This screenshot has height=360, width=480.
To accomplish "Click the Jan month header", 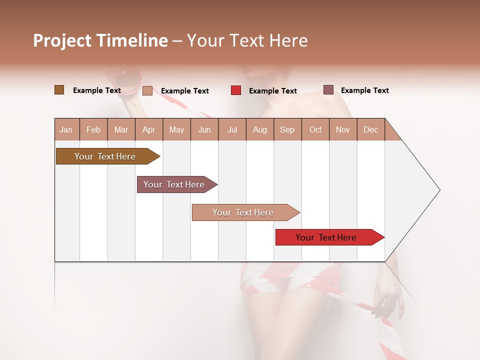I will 66,129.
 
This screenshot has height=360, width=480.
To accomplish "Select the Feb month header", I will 93,129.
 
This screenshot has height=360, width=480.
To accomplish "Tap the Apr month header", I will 149,129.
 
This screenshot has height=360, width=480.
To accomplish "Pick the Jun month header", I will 204,129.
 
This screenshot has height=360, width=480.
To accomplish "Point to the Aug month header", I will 260,129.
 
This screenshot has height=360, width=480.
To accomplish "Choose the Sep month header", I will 287,129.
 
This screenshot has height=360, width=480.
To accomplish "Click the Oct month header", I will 315,129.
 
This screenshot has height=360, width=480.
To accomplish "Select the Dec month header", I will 371,129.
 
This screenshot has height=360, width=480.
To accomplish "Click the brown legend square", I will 59,90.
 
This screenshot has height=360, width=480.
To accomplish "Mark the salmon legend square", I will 147,90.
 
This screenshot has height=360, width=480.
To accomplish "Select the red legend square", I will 236,90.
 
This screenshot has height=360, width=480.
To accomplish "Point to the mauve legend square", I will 328,90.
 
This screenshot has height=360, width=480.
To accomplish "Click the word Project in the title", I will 62,40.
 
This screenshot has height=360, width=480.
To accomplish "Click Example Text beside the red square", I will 273,91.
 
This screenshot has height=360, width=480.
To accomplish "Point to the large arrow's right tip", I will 439,190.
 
